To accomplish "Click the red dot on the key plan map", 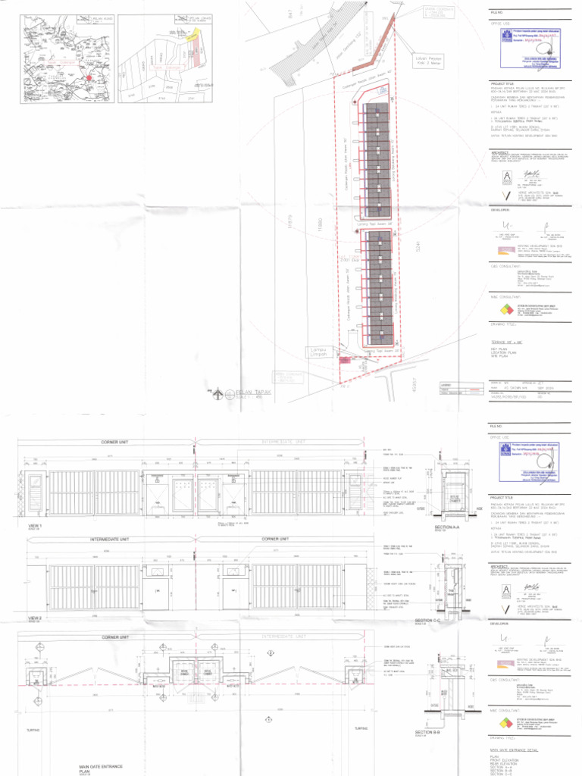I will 89,77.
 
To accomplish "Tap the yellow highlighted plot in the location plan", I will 196,34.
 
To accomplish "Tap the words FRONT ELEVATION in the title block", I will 507,761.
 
